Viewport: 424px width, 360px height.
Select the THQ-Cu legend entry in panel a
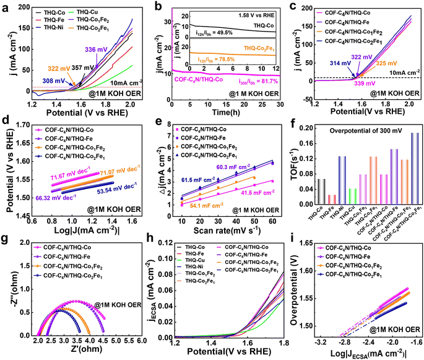pos(89,13)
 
